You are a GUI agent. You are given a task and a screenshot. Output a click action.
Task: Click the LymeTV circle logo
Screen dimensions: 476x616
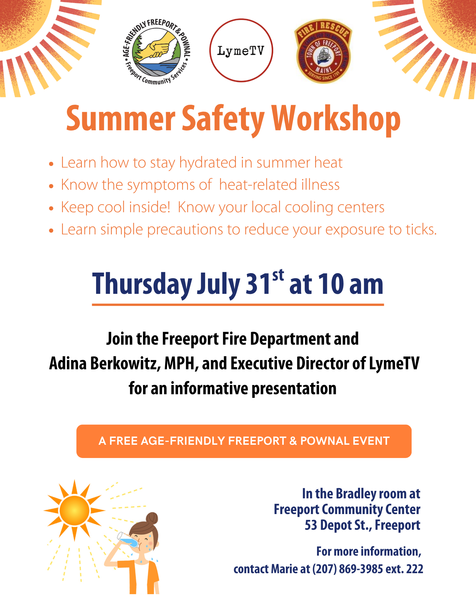pyautogui.click(x=241, y=51)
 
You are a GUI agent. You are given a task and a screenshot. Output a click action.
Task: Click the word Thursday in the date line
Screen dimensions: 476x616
pyautogui.click(x=142, y=285)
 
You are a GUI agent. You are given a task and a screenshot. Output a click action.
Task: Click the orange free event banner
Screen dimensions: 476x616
pyautogui.click(x=244, y=441)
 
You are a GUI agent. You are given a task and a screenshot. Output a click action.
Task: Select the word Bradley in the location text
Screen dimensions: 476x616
pyautogui.click(x=356, y=494)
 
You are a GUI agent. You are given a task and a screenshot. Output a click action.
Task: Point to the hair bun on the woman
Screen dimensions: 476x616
pyautogui.click(x=152, y=518)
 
